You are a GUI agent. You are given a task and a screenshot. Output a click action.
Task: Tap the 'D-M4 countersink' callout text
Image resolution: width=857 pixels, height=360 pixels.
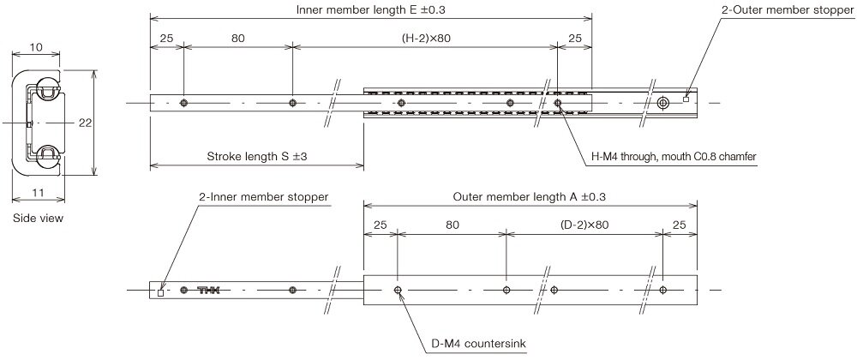[x=479, y=345]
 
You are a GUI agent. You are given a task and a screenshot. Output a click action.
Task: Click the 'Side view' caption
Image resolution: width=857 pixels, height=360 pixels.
[x=38, y=218]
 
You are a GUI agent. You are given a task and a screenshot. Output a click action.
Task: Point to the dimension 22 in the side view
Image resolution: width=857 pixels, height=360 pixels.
[x=84, y=123]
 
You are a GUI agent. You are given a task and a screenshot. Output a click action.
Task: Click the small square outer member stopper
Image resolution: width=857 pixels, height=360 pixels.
[x=686, y=99]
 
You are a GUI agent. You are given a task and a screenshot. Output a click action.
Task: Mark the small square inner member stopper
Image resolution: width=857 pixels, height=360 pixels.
[x=161, y=293]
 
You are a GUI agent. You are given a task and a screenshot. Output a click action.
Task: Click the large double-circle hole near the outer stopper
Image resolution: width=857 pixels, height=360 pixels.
[x=663, y=103]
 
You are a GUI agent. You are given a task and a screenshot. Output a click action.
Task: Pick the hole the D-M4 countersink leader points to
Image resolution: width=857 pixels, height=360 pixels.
[x=398, y=291]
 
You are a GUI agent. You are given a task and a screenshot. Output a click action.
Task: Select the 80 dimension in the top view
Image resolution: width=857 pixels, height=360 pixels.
[x=237, y=39]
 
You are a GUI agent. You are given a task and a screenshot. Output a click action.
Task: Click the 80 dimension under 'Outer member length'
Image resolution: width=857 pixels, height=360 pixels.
[x=452, y=225]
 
